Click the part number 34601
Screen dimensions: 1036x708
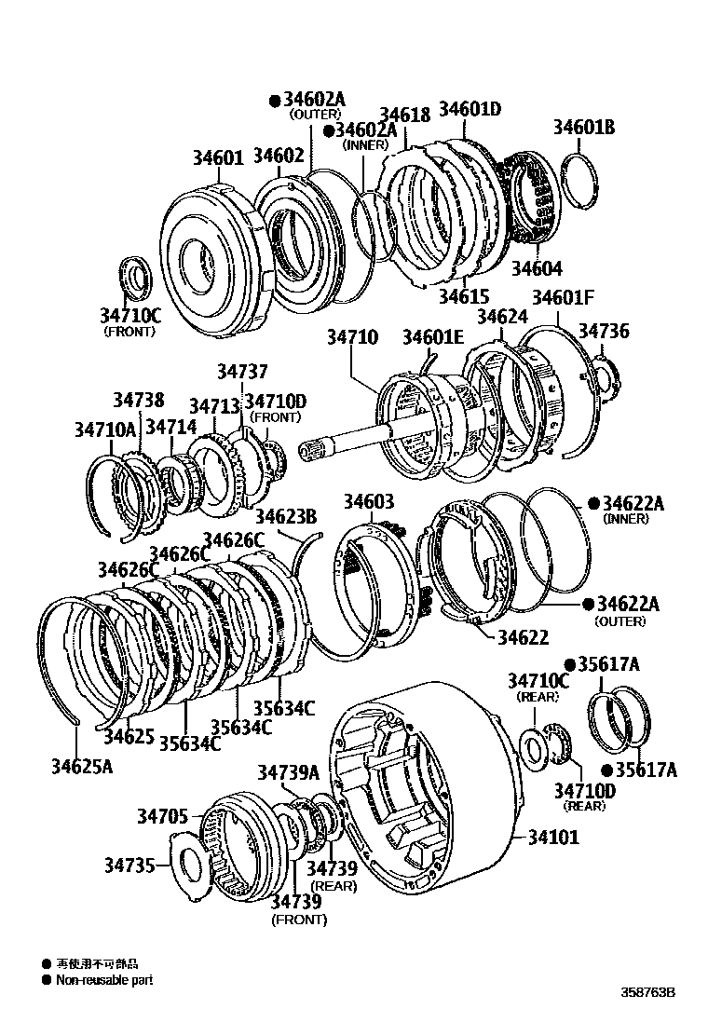218,157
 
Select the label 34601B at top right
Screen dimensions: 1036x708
584,128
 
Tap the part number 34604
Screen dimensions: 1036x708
536,268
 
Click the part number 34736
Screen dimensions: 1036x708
604,331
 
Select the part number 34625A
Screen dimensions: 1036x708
82,766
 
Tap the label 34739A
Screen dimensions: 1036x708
288,771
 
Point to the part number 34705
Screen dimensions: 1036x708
164,817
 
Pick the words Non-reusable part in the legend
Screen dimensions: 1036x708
103,979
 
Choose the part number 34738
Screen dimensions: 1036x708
139,400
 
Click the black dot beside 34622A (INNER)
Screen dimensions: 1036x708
592,503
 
